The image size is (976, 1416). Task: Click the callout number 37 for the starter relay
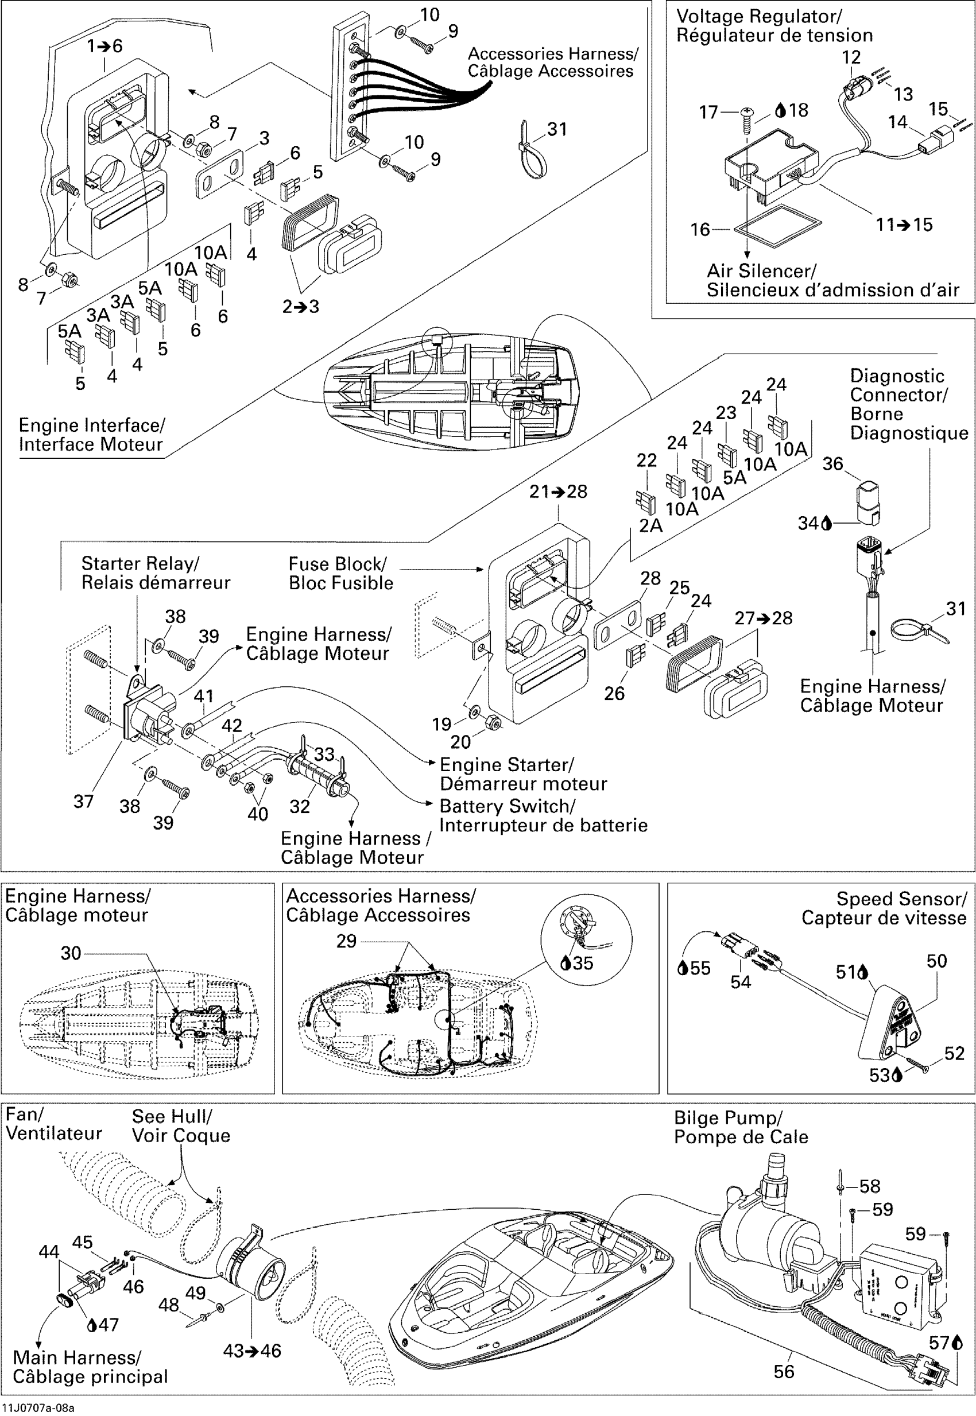pyautogui.click(x=83, y=801)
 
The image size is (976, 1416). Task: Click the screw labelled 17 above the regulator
pyautogui.click(x=747, y=119)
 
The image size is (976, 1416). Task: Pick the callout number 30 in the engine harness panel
pyautogui.click(x=71, y=953)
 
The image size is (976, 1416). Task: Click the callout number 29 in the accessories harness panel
pyautogui.click(x=346, y=941)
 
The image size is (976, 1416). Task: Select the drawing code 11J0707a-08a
pyautogui.click(x=37, y=1408)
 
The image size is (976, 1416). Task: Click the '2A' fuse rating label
pyautogui.click(x=650, y=525)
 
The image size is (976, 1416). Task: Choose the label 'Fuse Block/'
pyautogui.click(x=338, y=563)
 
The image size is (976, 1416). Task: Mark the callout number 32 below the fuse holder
pyautogui.click(x=300, y=806)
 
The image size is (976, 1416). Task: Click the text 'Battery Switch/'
pyautogui.click(x=508, y=806)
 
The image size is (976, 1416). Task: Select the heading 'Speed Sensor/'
pyautogui.click(x=901, y=899)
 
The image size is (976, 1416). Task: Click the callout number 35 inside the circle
pyautogui.click(x=583, y=964)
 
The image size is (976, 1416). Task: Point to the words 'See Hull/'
pyautogui.click(x=172, y=1116)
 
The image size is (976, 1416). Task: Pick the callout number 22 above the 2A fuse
pyautogui.click(x=646, y=460)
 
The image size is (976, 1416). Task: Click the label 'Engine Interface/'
pyautogui.click(x=92, y=425)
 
